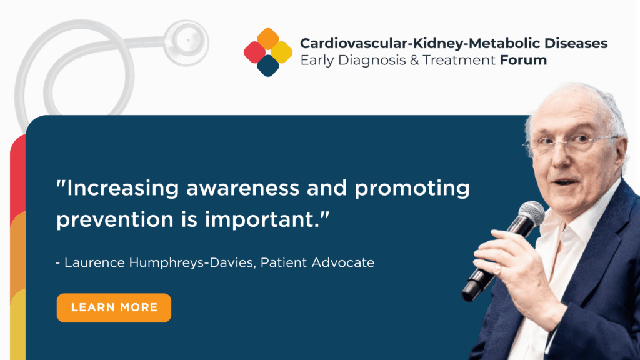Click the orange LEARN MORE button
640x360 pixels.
click(x=114, y=307)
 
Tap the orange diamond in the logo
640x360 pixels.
click(x=268, y=39)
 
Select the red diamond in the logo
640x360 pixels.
click(x=255, y=52)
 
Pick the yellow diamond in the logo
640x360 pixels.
click(x=282, y=52)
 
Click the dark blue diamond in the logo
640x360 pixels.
click(x=268, y=66)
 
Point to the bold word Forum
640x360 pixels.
click(x=523, y=60)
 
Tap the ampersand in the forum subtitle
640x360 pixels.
click(x=414, y=60)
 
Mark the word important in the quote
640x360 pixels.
click(x=262, y=219)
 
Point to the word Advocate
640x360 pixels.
click(x=343, y=262)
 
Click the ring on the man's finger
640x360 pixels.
click(x=497, y=269)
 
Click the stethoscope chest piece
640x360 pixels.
click(x=186, y=42)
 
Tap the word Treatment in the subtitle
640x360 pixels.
click(x=459, y=60)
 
